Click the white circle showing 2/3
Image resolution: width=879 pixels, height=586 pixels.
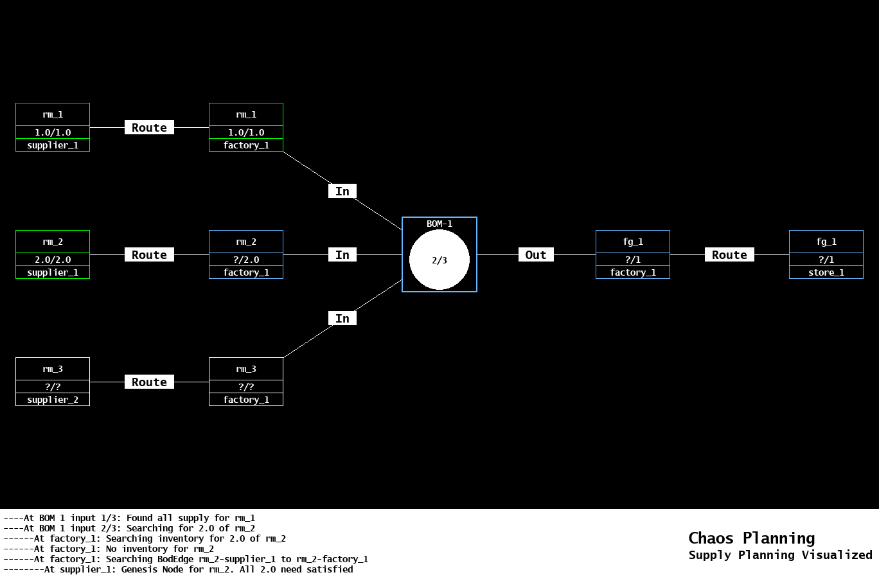pyautogui.click(x=440, y=260)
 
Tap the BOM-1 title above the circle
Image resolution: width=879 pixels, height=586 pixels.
pyautogui.click(x=440, y=224)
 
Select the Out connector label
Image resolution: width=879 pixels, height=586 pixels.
pyautogui.click(x=536, y=254)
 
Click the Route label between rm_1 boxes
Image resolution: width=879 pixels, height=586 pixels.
pyautogui.click(x=149, y=127)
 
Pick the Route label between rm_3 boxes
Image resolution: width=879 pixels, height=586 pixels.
pyautogui.click(x=149, y=382)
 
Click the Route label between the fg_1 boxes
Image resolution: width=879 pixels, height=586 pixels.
pyautogui.click(x=729, y=254)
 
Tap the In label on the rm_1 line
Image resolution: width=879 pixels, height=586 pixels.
pyautogui.click(x=342, y=191)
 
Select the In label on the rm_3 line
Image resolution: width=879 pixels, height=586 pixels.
pyautogui.click(x=342, y=318)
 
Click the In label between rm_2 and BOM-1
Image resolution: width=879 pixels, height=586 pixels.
pyautogui.click(x=342, y=254)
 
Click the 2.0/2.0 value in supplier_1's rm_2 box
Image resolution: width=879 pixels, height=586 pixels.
pyautogui.click(x=53, y=260)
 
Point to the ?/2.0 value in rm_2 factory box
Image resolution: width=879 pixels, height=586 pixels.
pyautogui.click(x=246, y=260)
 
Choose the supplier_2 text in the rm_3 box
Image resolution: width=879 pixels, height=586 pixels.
pyautogui.click(x=53, y=400)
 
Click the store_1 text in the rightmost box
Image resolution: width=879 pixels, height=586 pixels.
pyautogui.click(x=826, y=272)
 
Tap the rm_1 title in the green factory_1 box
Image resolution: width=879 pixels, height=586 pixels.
pyautogui.click(x=246, y=114)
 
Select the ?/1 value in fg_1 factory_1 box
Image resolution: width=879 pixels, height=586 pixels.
pyautogui.click(x=633, y=260)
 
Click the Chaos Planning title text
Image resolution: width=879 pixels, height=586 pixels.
pyautogui.click(x=751, y=538)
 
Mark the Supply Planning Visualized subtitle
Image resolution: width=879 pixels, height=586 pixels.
pyautogui.click(x=780, y=555)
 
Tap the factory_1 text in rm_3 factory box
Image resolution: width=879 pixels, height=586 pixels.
pyautogui.click(x=246, y=400)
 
